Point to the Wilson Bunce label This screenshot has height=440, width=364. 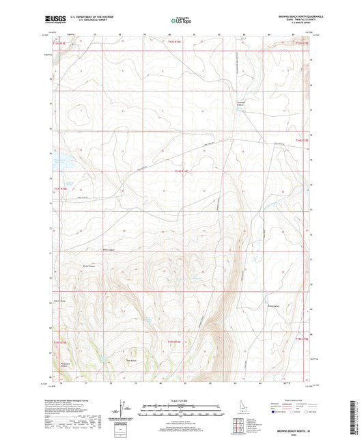click(x=58, y=299)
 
